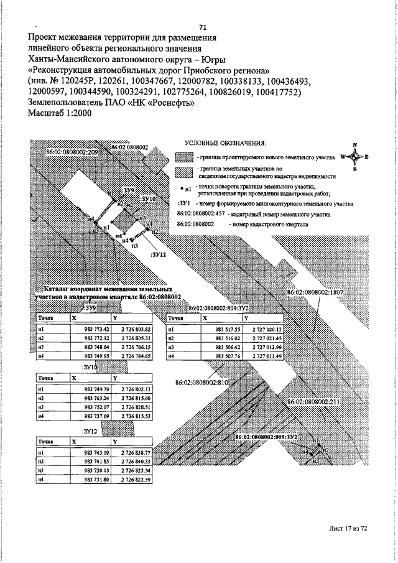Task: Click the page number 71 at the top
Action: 203,27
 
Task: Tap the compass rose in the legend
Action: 354,157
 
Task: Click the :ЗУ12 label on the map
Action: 159,254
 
